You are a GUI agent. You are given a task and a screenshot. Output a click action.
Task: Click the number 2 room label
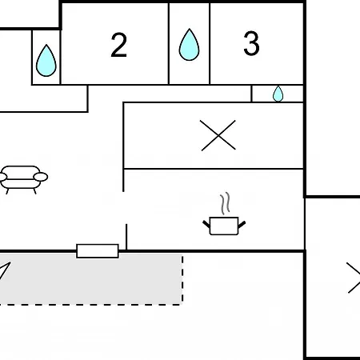119,45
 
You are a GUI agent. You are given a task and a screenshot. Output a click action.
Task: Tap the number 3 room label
251,43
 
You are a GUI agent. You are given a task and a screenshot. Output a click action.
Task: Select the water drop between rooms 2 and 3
189,45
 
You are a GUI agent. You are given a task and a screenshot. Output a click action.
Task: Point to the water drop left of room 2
46,61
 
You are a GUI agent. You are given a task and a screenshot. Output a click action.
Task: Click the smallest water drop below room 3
278,94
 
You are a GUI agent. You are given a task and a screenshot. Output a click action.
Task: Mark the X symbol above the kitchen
218,135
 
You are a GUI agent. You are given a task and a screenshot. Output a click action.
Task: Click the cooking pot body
224,226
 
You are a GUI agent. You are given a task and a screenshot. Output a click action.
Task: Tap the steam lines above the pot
225,203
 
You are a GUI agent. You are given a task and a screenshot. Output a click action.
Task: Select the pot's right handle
242,225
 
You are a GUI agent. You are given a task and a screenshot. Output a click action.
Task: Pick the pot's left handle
206,225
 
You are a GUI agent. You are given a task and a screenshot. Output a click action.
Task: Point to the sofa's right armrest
41,177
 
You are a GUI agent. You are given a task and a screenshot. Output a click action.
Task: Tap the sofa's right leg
34,191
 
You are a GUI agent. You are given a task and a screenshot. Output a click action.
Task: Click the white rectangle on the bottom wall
98,251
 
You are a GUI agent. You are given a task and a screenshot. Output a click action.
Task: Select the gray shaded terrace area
90,278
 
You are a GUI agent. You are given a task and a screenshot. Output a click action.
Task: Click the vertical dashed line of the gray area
182,279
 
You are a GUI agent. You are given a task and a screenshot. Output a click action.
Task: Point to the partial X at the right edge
354,278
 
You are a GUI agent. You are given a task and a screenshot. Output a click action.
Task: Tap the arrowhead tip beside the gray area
10,262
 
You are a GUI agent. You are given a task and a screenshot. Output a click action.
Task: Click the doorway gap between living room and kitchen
125,208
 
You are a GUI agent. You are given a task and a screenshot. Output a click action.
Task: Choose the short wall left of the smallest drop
251,94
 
